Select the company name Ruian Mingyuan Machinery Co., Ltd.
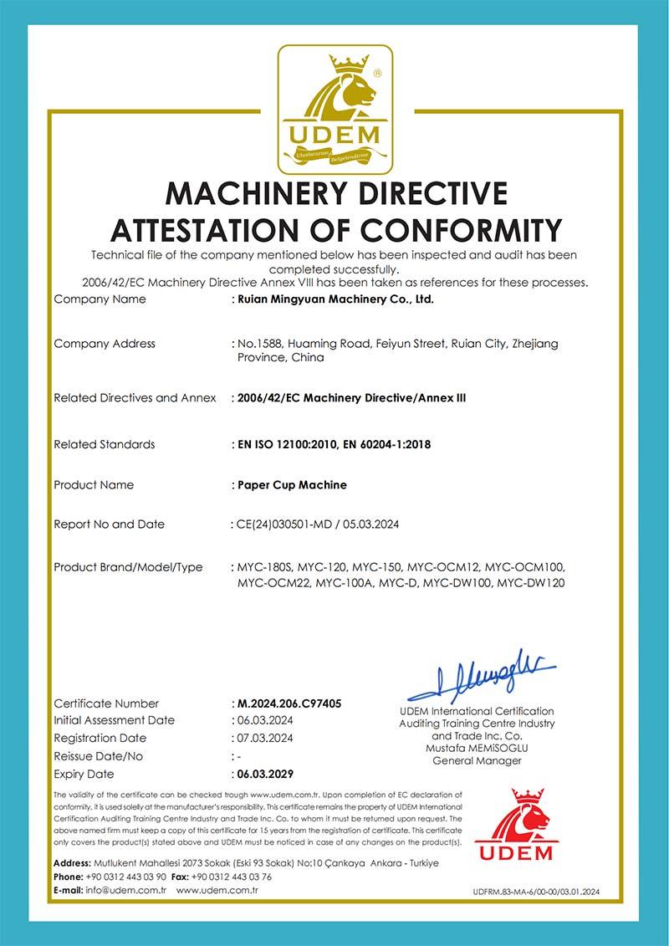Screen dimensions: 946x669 coord(335,299)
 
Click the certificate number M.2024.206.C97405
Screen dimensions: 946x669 coord(289,703)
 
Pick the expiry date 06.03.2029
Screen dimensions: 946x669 coord(265,774)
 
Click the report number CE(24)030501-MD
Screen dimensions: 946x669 coord(285,524)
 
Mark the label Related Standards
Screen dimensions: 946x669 coord(105,444)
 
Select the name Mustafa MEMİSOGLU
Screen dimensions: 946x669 coord(477,747)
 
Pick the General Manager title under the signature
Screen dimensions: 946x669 coord(477,760)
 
